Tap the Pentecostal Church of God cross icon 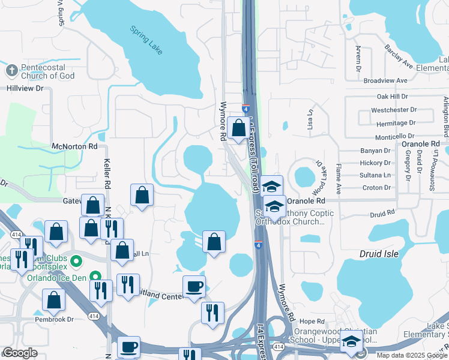[x=11, y=70]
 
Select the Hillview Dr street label [x=26, y=88]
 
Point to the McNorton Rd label [x=74, y=146]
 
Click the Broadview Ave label [x=385, y=80]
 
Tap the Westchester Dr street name [x=394, y=110]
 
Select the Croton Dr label [x=376, y=188]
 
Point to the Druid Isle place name [x=379, y=254]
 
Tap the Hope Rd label [x=312, y=322]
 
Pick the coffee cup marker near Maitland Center [x=194, y=286]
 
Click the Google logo [x=20, y=353]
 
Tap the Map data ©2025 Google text [x=412, y=355]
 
